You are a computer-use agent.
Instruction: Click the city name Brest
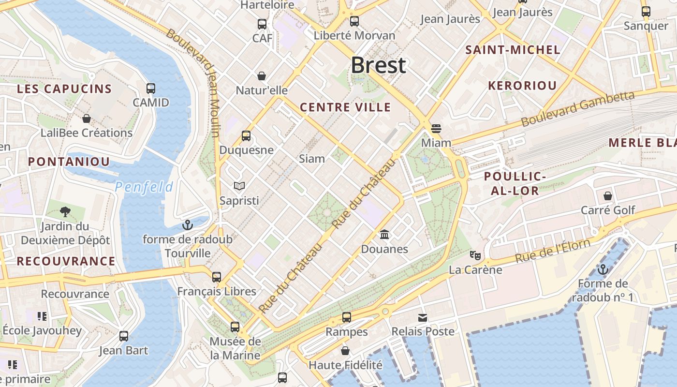(378, 65)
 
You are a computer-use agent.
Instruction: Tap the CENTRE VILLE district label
(345, 107)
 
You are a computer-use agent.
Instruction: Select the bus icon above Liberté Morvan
(354, 21)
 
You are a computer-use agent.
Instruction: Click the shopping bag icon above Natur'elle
(262, 76)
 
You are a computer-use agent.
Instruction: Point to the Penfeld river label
(144, 187)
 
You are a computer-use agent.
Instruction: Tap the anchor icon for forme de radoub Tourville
(187, 225)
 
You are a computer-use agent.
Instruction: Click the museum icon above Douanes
(385, 235)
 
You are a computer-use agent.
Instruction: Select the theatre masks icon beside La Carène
(475, 255)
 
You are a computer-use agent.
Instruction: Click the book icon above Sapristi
(239, 186)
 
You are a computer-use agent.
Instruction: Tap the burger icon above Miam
(436, 129)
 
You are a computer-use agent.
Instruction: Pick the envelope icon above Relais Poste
(423, 317)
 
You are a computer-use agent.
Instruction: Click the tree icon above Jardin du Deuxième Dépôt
(65, 212)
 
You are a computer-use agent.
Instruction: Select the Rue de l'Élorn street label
(552, 251)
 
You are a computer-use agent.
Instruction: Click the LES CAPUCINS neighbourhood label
(64, 89)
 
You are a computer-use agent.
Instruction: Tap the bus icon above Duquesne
(246, 136)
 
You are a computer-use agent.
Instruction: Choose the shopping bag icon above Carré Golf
(608, 196)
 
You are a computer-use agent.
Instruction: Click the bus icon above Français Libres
(217, 277)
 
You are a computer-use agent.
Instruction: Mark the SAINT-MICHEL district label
(513, 50)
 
